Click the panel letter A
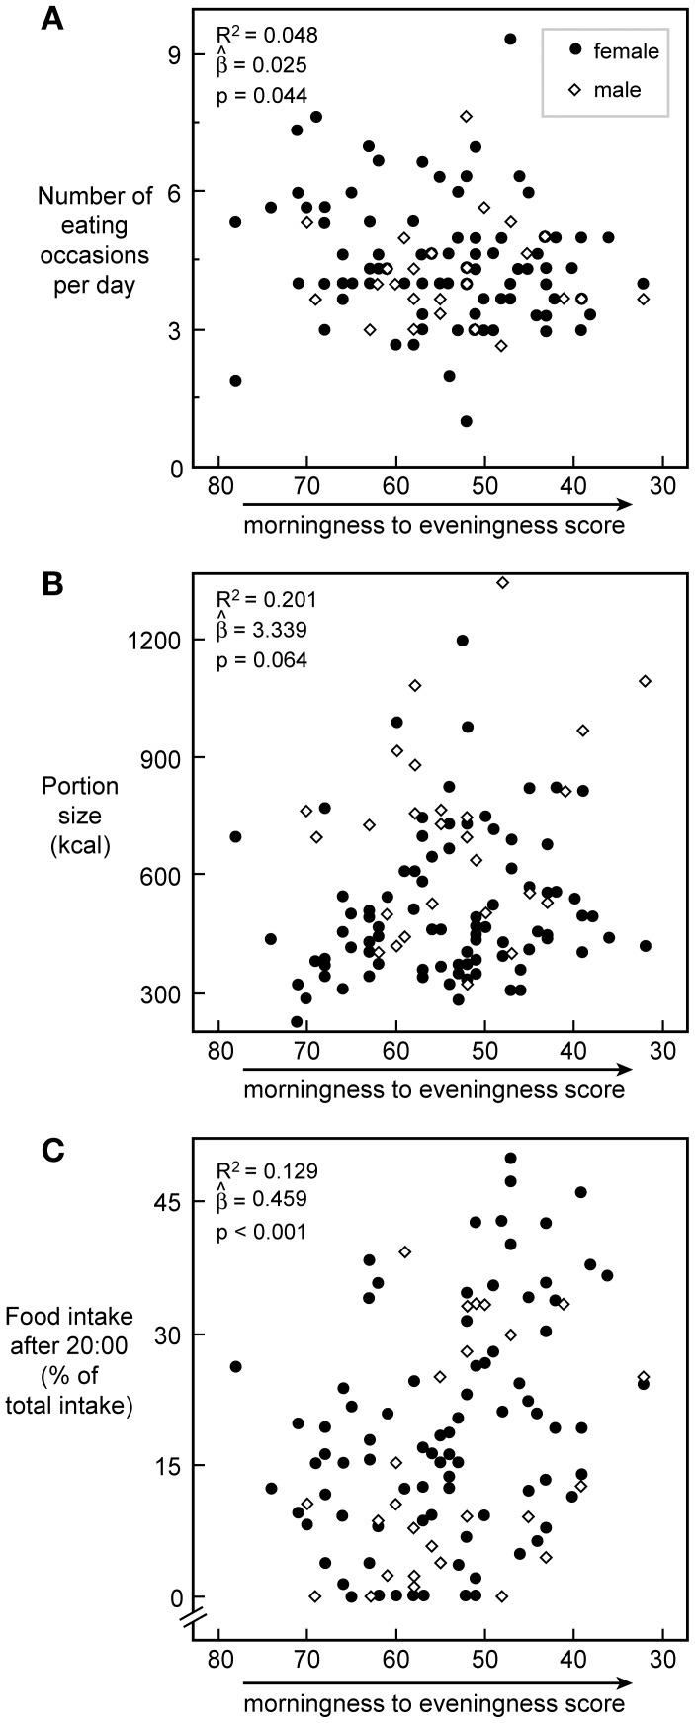(51, 20)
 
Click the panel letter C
(51, 1150)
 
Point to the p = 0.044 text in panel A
(261, 95)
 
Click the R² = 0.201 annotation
(266, 599)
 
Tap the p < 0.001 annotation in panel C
(261, 1232)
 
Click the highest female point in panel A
(510, 40)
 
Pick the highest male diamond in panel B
(502, 583)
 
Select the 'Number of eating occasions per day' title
(95, 239)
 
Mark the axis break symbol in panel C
(194, 1620)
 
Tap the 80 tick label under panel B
(218, 1050)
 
